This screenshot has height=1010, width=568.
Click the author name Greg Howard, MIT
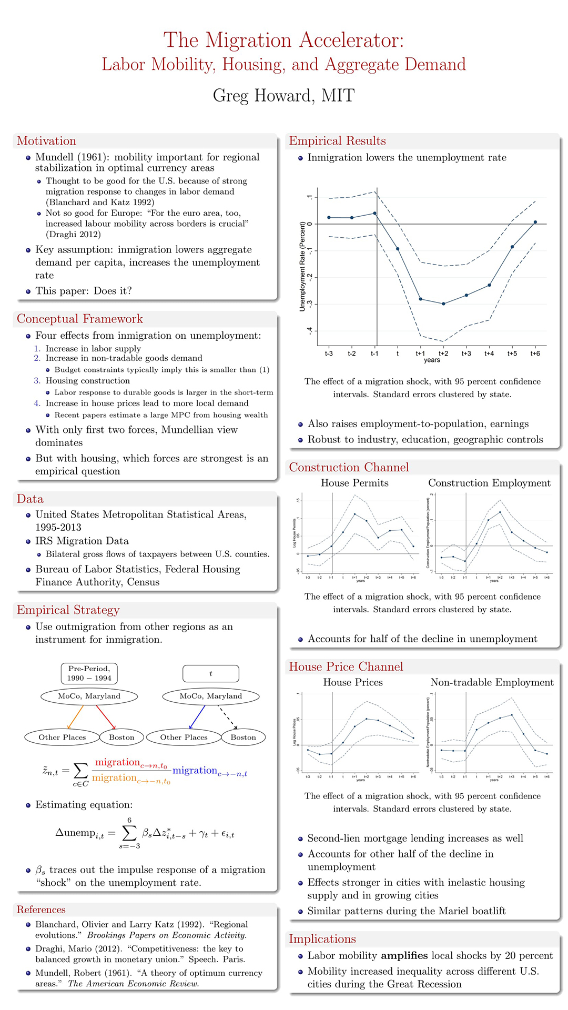283,96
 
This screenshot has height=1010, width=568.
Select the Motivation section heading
46,141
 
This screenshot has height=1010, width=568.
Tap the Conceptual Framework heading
79,319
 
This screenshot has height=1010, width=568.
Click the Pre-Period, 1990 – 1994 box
89,673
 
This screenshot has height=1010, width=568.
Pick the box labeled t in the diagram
210,673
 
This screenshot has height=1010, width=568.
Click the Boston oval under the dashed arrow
243,738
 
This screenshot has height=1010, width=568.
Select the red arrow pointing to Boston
106,718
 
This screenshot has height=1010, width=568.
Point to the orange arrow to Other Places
76,718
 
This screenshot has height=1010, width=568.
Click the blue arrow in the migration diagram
197,718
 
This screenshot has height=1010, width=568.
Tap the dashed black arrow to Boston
227,718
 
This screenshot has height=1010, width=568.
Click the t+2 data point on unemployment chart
443,304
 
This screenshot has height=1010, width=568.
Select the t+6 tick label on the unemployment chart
535,353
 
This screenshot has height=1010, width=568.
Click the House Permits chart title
354,483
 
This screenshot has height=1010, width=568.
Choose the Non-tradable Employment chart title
492,682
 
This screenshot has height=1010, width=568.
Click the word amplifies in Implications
410,955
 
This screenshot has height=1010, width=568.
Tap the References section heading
41,910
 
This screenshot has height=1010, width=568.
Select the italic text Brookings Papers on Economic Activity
167,935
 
